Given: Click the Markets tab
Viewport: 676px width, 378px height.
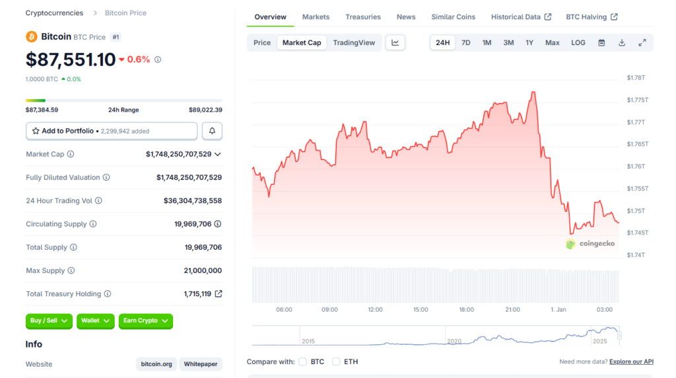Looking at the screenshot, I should click(316, 17).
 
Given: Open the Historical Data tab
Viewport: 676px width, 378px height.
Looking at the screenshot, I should click(516, 17).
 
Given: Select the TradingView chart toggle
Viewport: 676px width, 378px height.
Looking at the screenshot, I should click(354, 43).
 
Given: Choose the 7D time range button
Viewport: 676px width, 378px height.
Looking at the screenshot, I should click(466, 43).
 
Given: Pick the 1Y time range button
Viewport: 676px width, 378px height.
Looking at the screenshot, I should click(529, 43).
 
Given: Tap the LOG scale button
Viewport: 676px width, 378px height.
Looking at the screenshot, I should click(578, 43).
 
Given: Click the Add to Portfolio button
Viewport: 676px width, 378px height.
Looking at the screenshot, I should click(112, 131).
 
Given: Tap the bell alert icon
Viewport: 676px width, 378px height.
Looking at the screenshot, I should click(212, 131).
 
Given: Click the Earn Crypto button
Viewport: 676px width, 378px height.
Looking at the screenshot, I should click(145, 321).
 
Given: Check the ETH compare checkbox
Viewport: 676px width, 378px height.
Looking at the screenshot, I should click(336, 361).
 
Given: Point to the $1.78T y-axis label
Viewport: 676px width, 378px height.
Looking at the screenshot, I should click(636, 78).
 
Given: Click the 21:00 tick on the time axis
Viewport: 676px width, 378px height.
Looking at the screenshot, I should click(512, 309).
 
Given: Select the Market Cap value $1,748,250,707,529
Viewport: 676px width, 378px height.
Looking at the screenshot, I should click(178, 154).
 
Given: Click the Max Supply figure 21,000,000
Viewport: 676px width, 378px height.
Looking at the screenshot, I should click(203, 270).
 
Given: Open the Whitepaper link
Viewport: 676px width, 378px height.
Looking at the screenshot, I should click(201, 364).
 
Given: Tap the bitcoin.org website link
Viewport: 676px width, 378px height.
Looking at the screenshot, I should click(156, 364).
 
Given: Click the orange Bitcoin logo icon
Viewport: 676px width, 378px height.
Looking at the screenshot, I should click(32, 36).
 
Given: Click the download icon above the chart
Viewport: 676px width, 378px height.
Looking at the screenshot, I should click(622, 43).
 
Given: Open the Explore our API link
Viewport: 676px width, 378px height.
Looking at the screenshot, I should click(631, 361).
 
